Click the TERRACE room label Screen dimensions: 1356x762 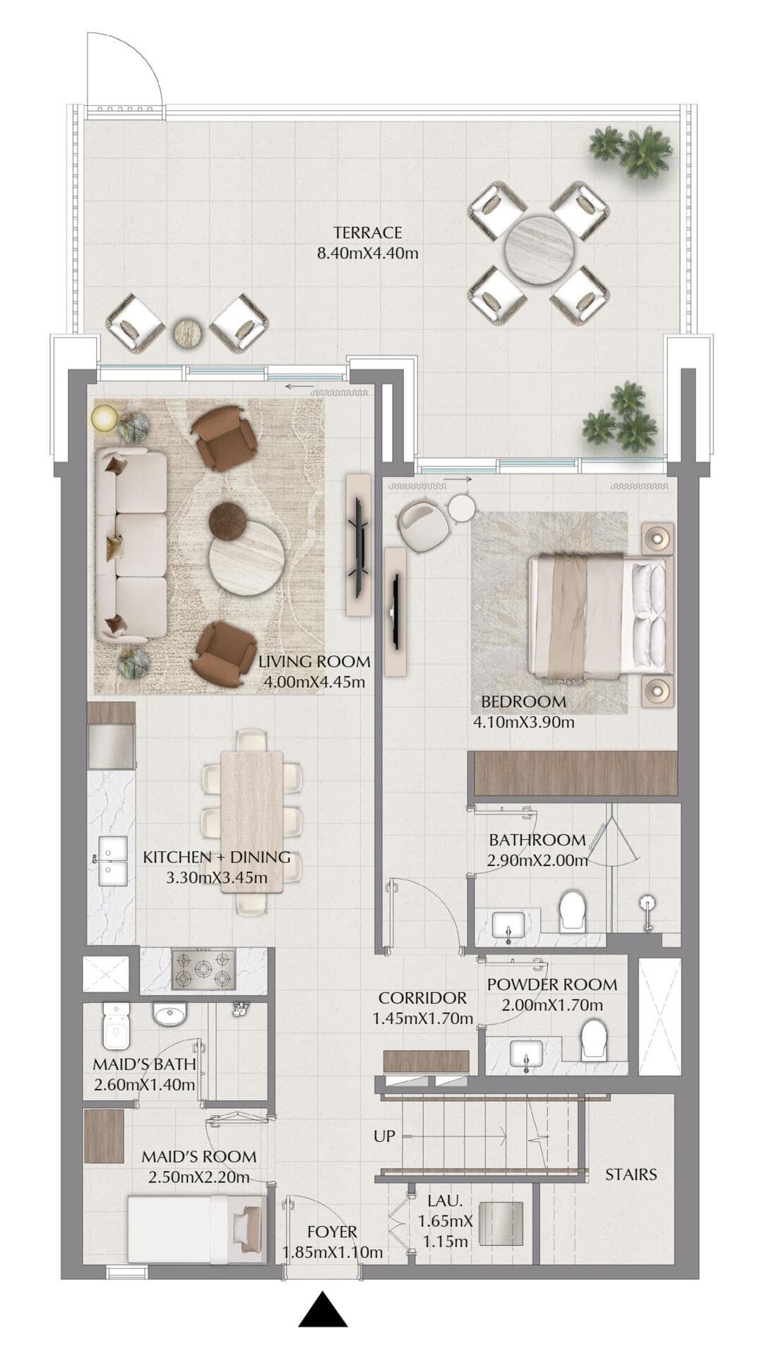367,232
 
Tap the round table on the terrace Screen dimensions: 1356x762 538,249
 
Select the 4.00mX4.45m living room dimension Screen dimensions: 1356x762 314,682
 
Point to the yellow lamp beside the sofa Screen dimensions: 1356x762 105,418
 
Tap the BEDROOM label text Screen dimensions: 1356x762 523,702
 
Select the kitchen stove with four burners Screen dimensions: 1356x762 204,970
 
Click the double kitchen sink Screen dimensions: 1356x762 112,861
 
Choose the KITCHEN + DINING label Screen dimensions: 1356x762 216,857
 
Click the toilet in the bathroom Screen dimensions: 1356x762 571,911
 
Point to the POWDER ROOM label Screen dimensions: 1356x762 552,985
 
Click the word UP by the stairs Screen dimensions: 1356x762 384,1136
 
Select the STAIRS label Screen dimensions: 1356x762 631,1174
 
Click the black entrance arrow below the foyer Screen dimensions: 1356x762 323,1310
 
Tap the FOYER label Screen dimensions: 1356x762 332,1232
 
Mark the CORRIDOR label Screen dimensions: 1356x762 422,998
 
